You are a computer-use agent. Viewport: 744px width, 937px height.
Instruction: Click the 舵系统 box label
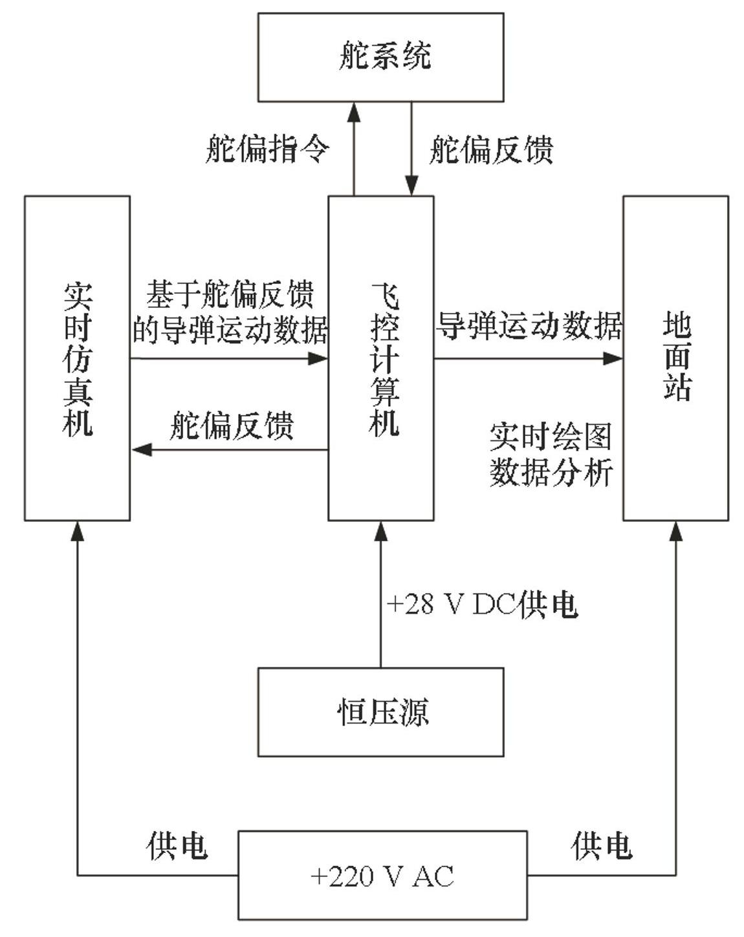click(385, 56)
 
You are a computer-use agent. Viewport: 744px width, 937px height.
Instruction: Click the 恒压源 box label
click(383, 713)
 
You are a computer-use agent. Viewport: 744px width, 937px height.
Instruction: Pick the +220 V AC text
click(382, 876)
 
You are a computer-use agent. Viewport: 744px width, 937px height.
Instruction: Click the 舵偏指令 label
click(267, 149)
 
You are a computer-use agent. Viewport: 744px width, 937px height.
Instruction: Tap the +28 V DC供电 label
click(482, 605)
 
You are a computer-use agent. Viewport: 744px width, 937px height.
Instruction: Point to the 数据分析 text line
click(551, 472)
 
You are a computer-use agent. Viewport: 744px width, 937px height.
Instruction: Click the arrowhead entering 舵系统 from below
click(354, 113)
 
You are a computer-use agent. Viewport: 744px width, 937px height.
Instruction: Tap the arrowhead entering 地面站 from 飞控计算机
click(613, 359)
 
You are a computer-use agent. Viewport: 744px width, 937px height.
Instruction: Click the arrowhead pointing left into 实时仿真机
click(142, 450)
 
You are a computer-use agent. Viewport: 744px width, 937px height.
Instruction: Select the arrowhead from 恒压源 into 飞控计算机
click(381, 531)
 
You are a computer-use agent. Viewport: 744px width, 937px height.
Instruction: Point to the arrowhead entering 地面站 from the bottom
click(676, 531)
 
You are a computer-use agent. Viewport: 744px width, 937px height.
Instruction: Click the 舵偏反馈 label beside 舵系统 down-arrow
click(491, 149)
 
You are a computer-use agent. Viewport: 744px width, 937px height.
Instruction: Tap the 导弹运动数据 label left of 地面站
click(529, 326)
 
